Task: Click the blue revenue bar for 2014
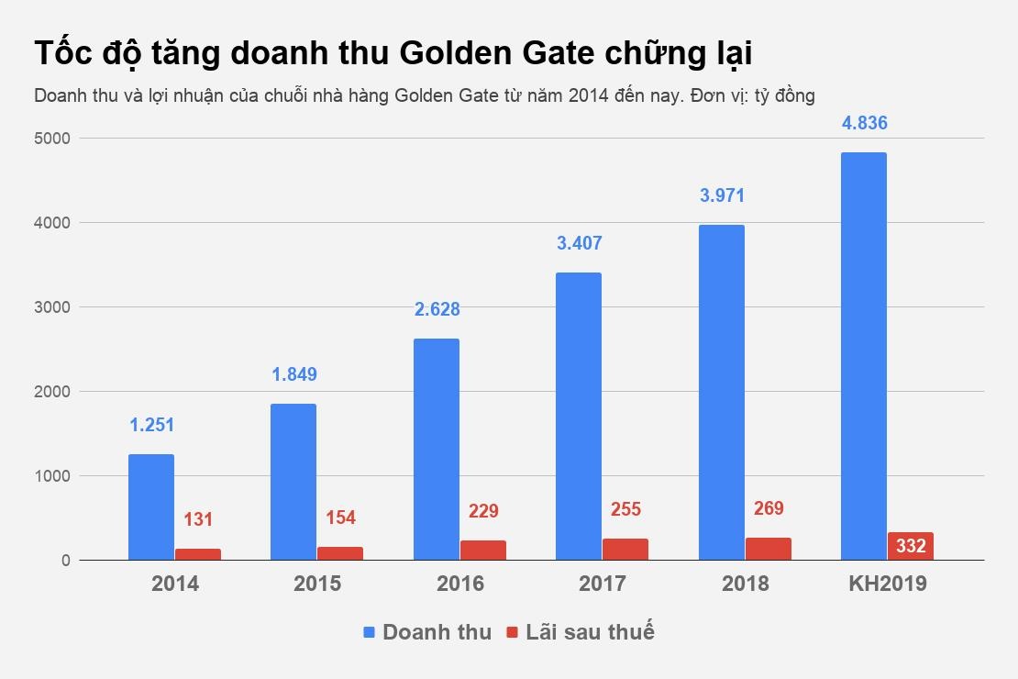[151, 506]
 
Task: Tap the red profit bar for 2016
[482, 550]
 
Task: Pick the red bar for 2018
[768, 548]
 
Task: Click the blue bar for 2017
[579, 416]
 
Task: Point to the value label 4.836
[864, 123]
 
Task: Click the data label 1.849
[294, 374]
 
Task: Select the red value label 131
[198, 519]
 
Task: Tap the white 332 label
[911, 546]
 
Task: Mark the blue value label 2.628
[437, 309]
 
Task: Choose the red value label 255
[625, 509]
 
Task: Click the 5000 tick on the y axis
[53, 139]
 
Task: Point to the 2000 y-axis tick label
[53, 392]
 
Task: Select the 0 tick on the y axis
[65, 560]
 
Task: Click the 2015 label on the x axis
[317, 584]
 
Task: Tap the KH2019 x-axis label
[887, 584]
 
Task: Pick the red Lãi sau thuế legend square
[512, 632]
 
